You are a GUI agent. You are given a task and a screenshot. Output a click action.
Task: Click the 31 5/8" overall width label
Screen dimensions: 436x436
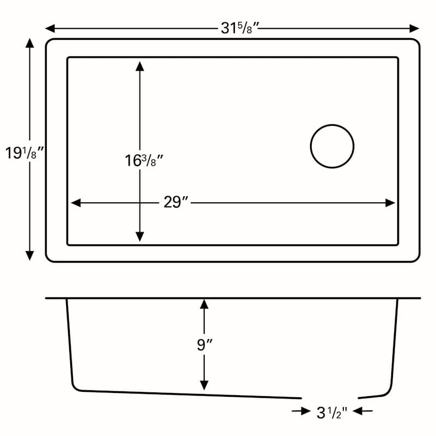240,28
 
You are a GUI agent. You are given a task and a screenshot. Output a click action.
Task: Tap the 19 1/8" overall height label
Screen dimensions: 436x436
25,153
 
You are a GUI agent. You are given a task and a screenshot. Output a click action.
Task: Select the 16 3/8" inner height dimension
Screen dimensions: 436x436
144,161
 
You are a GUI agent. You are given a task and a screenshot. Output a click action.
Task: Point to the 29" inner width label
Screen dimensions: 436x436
175,202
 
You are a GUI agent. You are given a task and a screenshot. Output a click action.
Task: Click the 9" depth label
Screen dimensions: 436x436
204,345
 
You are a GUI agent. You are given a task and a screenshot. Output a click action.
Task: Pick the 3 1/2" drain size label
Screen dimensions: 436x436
332,413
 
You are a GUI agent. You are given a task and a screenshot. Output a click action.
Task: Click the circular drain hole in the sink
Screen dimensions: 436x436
332,125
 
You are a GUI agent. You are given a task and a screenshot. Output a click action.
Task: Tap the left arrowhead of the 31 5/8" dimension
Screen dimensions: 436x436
50,28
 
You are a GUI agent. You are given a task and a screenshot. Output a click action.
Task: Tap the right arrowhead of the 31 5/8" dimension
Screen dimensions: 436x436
414,28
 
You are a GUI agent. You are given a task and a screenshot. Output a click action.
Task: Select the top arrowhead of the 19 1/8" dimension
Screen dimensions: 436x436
29,43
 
